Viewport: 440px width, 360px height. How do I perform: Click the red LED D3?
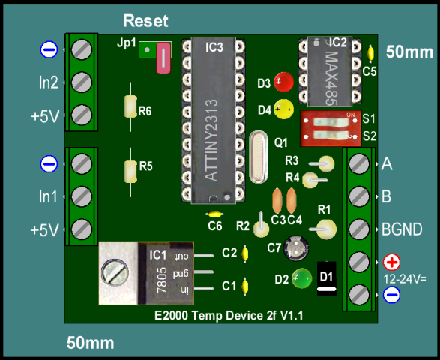pos(283,82)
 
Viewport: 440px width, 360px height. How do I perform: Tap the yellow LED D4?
pos(283,109)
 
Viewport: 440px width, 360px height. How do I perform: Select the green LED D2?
pos(301,278)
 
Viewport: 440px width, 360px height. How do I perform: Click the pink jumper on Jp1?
pos(163,58)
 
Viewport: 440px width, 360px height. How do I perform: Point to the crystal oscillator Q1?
pos(258,157)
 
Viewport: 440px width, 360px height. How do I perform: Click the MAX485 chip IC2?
pos(330,72)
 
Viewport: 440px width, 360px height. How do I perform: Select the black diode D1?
pos(327,278)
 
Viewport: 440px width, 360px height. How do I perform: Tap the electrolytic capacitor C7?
pos(296,248)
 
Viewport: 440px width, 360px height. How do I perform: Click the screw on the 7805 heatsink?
pos(115,272)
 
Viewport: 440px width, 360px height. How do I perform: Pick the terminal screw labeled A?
pos(359,163)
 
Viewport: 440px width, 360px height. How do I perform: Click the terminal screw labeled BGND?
pos(359,229)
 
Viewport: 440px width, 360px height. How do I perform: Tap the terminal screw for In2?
pos(82,82)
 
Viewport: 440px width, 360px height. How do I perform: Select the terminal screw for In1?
pos(82,196)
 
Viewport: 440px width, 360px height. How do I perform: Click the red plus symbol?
pos(392,262)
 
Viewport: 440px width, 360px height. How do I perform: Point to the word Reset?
pos(145,21)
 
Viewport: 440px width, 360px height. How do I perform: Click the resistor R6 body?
pos(130,106)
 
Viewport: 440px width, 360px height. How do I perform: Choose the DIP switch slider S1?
pos(331,122)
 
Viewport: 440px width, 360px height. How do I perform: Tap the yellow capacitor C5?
pos(370,52)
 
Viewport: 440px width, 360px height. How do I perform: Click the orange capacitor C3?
pos(277,200)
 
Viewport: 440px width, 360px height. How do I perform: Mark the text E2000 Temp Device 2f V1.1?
pos(229,316)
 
